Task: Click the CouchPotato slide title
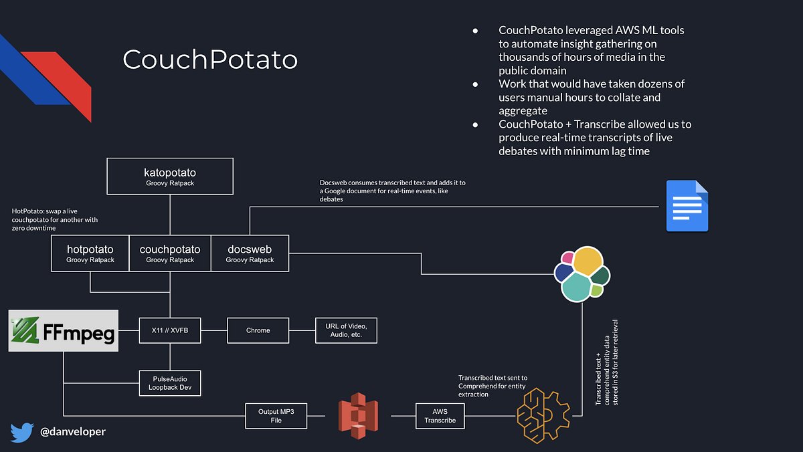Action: click(209, 60)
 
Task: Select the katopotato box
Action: click(170, 177)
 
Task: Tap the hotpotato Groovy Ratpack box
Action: click(90, 253)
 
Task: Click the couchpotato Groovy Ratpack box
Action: click(170, 253)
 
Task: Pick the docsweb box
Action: click(250, 253)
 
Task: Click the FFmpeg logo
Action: click(64, 330)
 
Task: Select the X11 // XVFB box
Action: click(170, 330)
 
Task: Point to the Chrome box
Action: click(258, 330)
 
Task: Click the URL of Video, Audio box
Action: click(346, 330)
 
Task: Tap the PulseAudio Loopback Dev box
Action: click(170, 382)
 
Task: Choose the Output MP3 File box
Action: click(276, 416)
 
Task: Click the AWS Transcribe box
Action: click(440, 416)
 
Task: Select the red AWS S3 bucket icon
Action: click(358, 415)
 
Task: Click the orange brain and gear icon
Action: click(543, 415)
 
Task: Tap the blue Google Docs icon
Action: click(687, 206)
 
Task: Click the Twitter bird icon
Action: click(21, 432)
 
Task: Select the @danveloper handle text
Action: click(72, 432)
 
